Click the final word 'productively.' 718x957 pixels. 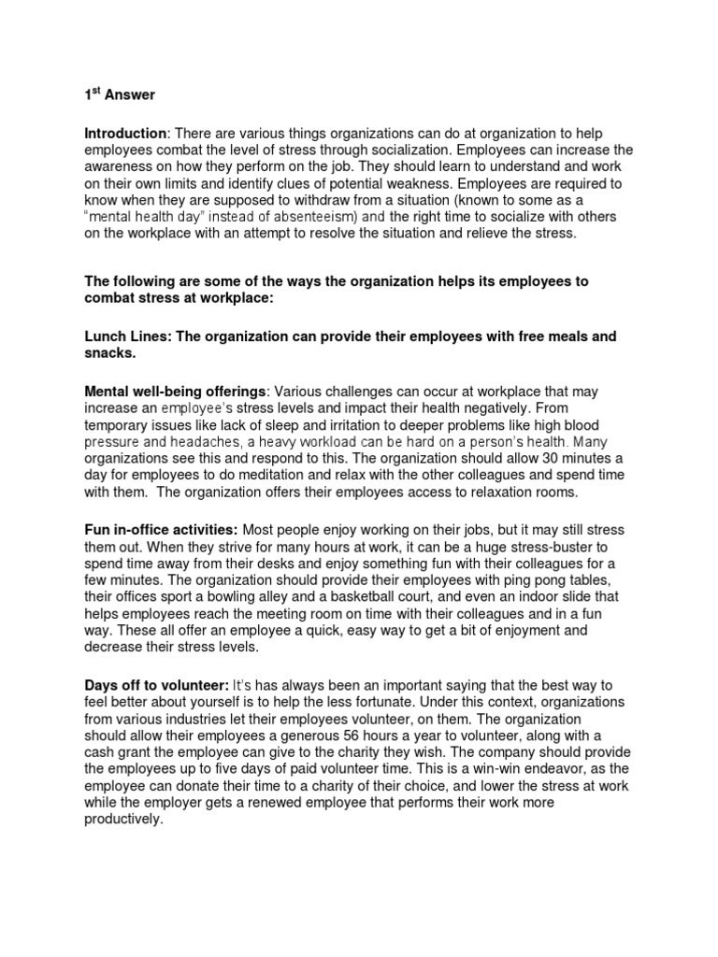point(123,819)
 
